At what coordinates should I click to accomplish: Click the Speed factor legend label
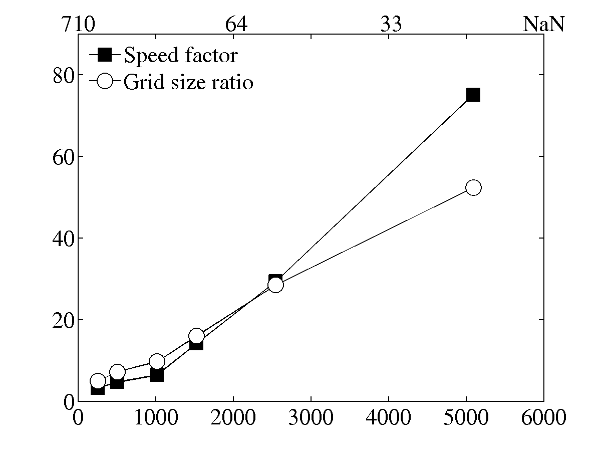tap(180, 55)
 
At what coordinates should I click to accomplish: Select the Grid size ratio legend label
tap(188, 82)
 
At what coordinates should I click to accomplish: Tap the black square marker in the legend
tap(104, 54)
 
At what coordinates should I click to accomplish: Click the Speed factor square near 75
tap(473, 94)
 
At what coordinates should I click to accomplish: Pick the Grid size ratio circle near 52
tap(473, 187)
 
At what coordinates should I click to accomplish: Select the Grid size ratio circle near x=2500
tap(275, 285)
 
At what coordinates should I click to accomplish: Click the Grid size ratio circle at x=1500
tap(196, 336)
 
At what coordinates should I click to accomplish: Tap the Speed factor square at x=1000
tap(157, 374)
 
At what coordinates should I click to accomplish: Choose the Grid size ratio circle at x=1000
tap(157, 361)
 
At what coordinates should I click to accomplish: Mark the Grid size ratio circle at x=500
tap(117, 372)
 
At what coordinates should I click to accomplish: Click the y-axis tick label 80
tap(64, 75)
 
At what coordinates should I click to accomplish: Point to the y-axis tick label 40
tap(64, 238)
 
